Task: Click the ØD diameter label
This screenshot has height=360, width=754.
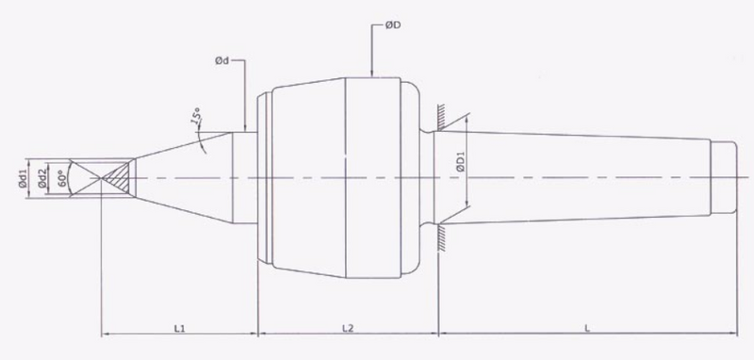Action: (x=393, y=25)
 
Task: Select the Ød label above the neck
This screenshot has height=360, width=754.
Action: (x=221, y=61)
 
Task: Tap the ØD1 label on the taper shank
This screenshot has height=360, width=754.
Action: (x=460, y=161)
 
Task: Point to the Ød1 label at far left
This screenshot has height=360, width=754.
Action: (x=22, y=178)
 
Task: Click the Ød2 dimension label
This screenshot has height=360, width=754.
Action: (x=42, y=178)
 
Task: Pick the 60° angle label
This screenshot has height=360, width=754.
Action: (x=60, y=178)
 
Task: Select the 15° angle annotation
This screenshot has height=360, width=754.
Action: (x=197, y=117)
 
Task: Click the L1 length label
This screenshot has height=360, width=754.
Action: (x=179, y=328)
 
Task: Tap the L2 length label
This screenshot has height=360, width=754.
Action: (x=348, y=328)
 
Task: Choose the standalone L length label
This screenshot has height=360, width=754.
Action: (x=587, y=329)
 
